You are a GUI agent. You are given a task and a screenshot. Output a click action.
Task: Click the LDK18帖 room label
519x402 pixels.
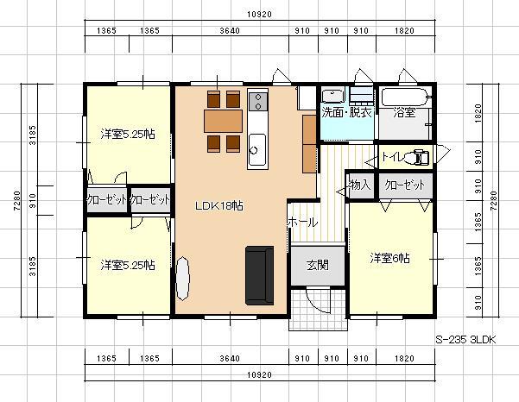219,206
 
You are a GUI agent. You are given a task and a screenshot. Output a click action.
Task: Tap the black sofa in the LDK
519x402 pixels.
259,275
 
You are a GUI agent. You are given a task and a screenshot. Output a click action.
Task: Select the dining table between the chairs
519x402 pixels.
223,121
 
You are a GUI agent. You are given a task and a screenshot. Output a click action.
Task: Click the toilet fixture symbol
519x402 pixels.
420,157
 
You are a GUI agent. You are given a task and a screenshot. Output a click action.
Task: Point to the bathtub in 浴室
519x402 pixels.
405,97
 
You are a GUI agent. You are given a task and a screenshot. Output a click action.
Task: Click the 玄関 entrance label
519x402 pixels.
318,265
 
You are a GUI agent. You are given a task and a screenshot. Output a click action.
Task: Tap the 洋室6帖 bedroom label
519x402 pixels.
389,258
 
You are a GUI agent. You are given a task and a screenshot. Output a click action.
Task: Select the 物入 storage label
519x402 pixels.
360,185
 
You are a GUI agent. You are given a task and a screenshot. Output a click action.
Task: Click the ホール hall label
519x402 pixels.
302,223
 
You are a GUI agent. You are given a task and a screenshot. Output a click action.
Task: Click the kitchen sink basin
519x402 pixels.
257,149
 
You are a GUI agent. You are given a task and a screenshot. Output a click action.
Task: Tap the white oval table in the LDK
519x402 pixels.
182,279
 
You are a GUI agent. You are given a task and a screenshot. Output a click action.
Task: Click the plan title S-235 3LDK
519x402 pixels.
465,340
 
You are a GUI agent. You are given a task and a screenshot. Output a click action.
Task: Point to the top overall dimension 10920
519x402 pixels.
259,14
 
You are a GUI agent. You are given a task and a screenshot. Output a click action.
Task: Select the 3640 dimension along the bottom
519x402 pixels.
230,358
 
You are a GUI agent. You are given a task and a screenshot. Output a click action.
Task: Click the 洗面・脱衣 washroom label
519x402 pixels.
346,113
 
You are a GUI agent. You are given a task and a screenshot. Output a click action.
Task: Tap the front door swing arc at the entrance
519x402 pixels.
313,302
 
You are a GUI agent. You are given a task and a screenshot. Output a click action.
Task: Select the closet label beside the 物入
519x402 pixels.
405,185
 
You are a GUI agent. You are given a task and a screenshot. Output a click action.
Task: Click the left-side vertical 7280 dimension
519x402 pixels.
17,201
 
